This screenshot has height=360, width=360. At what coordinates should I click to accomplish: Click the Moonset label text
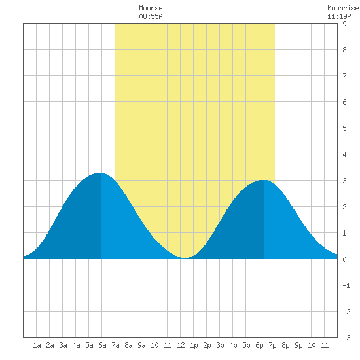[x=153, y=8]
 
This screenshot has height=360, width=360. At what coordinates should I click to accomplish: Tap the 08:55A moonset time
[x=151, y=16]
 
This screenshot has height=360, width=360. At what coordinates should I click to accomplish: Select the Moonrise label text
[x=343, y=8]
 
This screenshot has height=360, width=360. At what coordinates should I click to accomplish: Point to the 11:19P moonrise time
[x=339, y=16]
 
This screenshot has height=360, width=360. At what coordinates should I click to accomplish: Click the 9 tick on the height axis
[x=344, y=24]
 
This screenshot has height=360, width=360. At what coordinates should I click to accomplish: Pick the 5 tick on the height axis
[x=344, y=128]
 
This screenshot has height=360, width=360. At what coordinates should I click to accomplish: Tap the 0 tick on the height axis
[x=344, y=259]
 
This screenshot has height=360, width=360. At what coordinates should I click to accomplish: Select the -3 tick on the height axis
[x=346, y=338]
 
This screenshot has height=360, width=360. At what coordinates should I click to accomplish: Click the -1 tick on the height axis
[x=346, y=285]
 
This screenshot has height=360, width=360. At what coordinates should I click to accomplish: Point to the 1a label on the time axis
[x=37, y=345]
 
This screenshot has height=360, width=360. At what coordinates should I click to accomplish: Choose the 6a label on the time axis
[x=102, y=345]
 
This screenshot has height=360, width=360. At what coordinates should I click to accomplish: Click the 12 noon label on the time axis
[x=181, y=345]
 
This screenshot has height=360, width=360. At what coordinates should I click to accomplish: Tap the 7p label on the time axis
[x=272, y=345]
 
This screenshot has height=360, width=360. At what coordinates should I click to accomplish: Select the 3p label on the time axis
[x=220, y=345]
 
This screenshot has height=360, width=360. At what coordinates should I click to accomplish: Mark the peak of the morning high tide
[x=100, y=173]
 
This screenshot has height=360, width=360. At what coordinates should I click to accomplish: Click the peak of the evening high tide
[x=264, y=180]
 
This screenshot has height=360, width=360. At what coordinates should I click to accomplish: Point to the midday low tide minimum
[x=185, y=258]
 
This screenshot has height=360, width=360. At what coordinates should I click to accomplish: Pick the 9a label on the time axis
[x=141, y=345]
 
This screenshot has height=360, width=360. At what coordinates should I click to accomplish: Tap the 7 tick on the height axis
[x=344, y=76]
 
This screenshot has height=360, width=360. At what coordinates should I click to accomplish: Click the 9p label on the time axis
[x=298, y=345]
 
